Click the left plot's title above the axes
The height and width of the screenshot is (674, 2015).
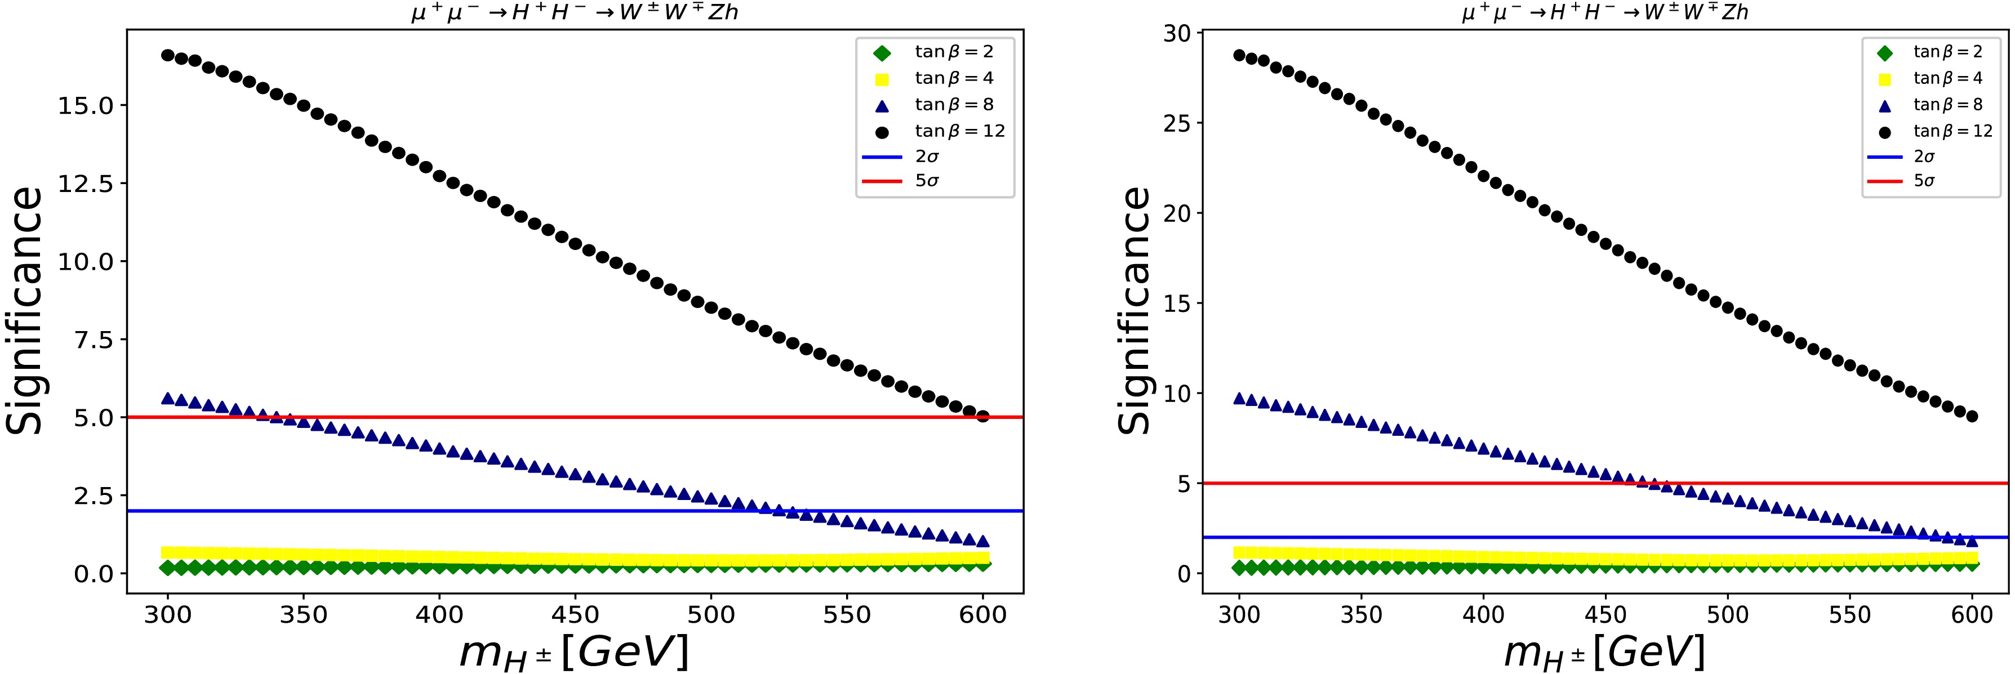tap(575, 14)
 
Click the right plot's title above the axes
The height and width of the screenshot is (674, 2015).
tap(1605, 14)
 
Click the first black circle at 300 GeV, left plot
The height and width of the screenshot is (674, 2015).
tap(167, 56)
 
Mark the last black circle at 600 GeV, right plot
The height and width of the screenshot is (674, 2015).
tap(1972, 416)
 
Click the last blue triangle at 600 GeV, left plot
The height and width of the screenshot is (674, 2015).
tap(983, 541)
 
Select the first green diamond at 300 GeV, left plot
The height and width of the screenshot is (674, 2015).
tap(167, 568)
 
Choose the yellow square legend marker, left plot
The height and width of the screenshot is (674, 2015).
tap(882, 79)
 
